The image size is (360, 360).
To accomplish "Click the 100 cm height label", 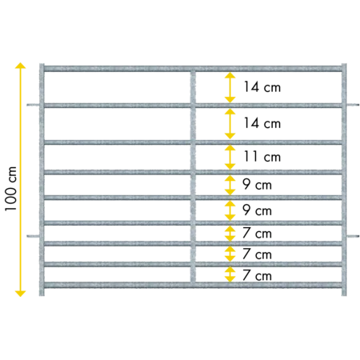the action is (10, 189).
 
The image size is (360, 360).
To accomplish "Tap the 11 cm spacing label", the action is (262, 157).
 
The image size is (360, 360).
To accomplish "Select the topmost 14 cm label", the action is (262, 87).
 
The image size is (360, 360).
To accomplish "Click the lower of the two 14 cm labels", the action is (262, 123).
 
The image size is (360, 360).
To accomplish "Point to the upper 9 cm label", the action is (257, 185).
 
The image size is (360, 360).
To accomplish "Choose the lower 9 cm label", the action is (257, 210).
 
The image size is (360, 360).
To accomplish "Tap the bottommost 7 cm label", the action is (257, 275).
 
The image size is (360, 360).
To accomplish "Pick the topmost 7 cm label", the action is (257, 233).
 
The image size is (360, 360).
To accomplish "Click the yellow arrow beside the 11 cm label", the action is (230, 157).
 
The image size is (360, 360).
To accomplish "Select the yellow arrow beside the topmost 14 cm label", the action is (230, 87).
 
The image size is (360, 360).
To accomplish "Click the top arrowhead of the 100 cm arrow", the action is (20, 66).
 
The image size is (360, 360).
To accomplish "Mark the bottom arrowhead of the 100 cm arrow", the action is (20, 294).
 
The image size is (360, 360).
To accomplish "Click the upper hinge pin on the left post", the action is (33, 105).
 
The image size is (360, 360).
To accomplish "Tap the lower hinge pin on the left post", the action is (33, 236).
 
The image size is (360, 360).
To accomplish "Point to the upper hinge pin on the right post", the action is (353, 105).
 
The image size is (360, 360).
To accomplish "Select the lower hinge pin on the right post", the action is (353, 236).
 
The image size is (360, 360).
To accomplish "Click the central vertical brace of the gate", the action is (193, 177).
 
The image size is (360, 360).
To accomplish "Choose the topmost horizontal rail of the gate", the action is (193, 69).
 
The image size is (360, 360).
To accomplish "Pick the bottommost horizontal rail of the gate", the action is (193, 285).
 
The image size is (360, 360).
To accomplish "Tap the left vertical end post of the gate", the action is (42, 180).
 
